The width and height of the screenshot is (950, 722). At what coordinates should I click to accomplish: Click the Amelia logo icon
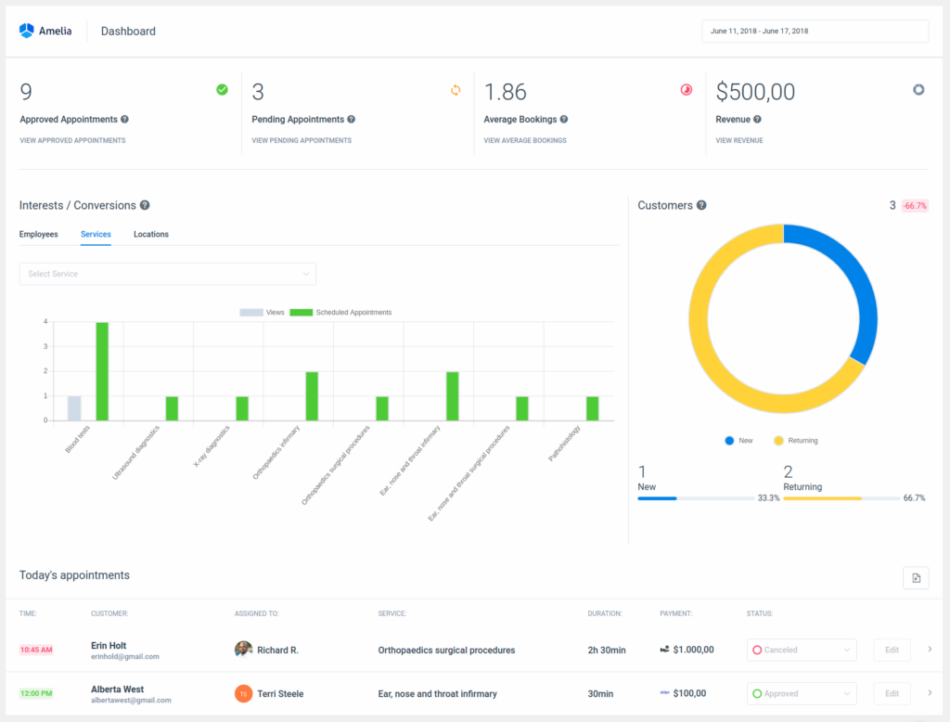[26, 31]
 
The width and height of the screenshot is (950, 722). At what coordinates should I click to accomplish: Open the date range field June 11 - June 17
[815, 32]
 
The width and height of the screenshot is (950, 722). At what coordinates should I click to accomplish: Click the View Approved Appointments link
[72, 141]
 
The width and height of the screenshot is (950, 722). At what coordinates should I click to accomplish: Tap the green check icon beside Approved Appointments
[222, 90]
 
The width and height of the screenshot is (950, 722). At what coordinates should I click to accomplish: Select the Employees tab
[39, 235]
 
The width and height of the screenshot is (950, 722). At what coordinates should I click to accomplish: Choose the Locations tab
[151, 235]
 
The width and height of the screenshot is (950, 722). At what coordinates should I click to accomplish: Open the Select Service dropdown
[168, 274]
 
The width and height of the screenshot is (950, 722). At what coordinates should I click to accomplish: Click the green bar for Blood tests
[102, 371]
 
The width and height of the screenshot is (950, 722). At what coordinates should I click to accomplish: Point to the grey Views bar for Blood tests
[74, 408]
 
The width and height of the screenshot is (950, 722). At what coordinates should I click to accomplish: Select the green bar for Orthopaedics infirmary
[312, 396]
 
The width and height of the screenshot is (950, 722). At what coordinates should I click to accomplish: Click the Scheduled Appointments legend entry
[343, 313]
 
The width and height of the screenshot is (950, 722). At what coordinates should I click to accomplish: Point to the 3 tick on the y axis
[45, 347]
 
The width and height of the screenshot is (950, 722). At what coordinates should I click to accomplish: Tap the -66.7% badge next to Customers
[915, 206]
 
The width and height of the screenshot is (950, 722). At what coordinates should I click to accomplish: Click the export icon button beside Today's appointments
[916, 578]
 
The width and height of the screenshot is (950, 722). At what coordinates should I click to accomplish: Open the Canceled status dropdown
[802, 651]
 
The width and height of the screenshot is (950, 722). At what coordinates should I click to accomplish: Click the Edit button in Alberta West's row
[892, 694]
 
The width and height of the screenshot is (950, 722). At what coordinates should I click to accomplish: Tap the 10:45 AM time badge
[36, 650]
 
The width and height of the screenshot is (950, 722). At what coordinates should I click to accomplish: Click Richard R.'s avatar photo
[243, 650]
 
